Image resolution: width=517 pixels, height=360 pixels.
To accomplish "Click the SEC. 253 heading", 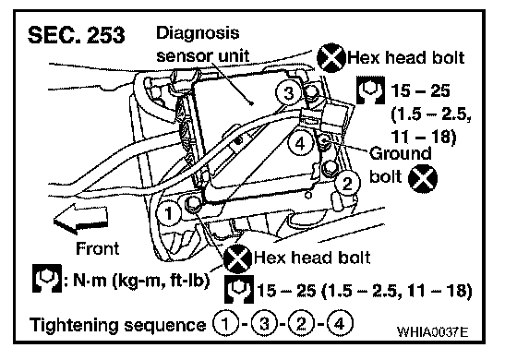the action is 76,35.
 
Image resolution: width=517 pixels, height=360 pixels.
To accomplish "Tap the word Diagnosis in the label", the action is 198,33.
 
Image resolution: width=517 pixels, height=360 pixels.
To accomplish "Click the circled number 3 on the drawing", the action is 288,92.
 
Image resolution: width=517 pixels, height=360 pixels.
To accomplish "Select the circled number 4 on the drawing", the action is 300,144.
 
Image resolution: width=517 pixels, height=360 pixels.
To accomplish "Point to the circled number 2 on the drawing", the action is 347,184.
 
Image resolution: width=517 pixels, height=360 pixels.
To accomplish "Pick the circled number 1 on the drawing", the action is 168,213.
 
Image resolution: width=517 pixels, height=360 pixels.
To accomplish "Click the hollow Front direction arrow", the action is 80,219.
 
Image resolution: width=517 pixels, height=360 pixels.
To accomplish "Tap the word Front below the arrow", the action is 97,248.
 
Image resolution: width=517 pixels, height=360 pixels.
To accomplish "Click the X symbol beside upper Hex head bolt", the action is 331,57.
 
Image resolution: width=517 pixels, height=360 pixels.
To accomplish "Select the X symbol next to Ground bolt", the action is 423,178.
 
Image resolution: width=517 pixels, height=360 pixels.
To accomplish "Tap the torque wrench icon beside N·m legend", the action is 47,278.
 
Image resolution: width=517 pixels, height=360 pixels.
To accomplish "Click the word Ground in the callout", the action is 400,153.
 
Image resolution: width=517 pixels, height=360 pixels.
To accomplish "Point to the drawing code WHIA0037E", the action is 433,331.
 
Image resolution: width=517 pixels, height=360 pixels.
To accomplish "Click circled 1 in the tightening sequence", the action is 225,324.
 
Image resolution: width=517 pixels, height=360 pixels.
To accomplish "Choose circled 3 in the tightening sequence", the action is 264,324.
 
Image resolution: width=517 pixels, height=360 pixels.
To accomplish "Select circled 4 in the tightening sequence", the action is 340,324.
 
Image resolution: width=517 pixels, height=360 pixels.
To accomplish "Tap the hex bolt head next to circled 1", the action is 192,203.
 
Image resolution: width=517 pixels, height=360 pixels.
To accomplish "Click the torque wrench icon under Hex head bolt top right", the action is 370,90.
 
